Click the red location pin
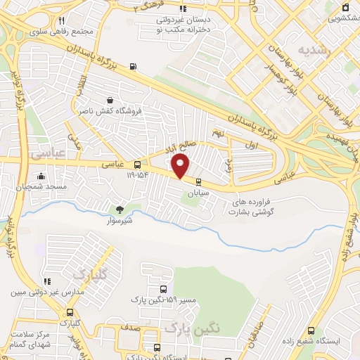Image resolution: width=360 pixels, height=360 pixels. [x=181, y=166]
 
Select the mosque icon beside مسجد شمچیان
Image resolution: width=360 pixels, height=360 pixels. [x=41, y=176]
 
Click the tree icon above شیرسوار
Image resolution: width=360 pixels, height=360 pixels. [x=119, y=209]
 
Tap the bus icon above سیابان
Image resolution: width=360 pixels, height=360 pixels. [x=198, y=181]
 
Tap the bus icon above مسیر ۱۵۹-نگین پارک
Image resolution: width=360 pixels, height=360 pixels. [x=163, y=289]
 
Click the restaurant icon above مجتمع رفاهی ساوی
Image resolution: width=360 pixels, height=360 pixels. [x=62, y=20]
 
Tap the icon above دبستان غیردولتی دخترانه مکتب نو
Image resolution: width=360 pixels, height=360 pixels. [x=183, y=9]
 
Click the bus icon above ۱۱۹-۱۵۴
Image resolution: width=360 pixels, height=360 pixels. [x=127, y=165]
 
